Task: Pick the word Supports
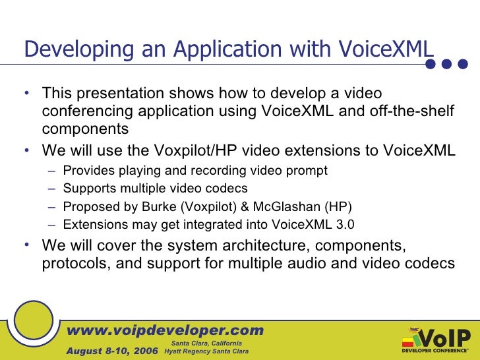[x=87, y=189]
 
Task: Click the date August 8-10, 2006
[x=112, y=351]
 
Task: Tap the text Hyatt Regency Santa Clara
[x=206, y=351]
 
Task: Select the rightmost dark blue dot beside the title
[x=463, y=64]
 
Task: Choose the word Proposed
[x=87, y=206]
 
